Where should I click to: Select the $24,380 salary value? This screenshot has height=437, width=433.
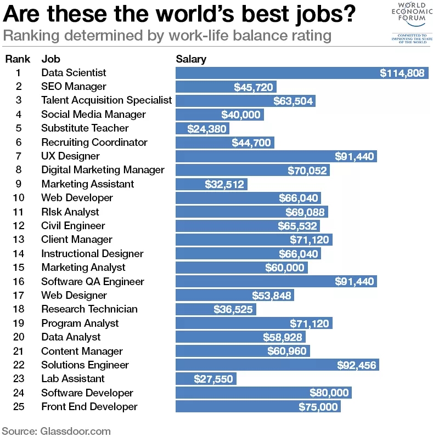click(x=206, y=129)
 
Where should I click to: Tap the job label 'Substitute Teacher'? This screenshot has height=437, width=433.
click(x=85, y=128)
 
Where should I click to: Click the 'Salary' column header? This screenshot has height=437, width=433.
click(x=190, y=59)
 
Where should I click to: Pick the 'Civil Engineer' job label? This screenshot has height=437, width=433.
click(x=73, y=226)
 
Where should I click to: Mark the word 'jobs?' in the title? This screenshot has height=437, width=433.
click(x=324, y=14)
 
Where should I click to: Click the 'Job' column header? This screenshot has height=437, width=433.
click(x=50, y=59)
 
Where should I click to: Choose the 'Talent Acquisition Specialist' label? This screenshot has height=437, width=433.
click(x=106, y=100)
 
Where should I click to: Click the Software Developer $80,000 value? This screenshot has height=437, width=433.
click(x=329, y=393)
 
